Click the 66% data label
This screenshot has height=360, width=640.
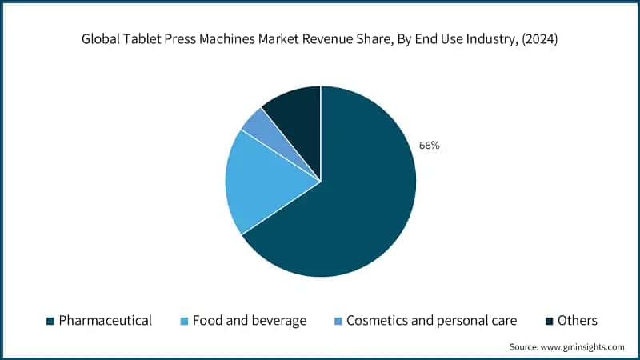(429, 146)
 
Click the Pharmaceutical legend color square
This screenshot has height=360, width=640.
(50, 321)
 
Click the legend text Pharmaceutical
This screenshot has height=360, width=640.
(105, 321)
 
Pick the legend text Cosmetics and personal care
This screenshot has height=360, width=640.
(431, 321)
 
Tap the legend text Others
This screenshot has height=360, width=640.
(578, 321)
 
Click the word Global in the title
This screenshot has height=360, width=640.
(101, 38)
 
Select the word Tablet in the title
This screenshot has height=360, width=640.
(145, 38)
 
